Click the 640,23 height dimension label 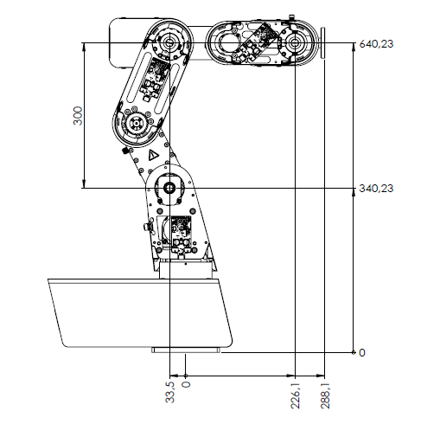pos(376,44)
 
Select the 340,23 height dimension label pos(376,189)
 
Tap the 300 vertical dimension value pos(78,116)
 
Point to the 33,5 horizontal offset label pos(170,392)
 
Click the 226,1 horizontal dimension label pos(296,395)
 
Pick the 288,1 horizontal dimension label pos(325,395)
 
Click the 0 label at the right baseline pos(362,353)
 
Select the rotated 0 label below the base pos(187,384)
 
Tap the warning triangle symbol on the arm pos(153,155)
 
